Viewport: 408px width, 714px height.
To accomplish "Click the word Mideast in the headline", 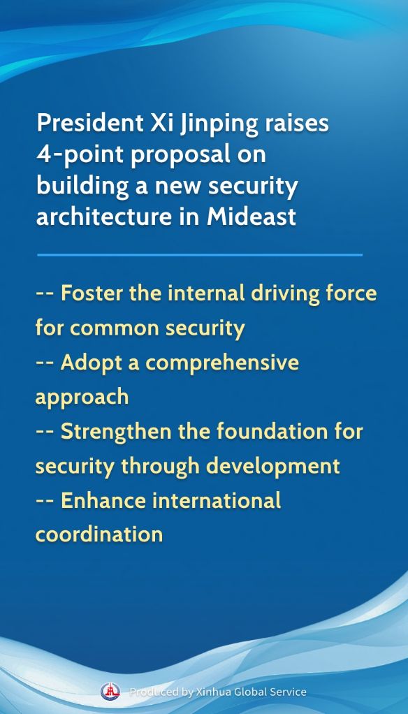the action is click(252, 216).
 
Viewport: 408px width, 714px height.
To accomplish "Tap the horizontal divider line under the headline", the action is click(200, 255).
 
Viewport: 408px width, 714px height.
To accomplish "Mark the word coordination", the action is click(99, 534).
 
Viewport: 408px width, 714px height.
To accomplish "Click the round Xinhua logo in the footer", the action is click(110, 692).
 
